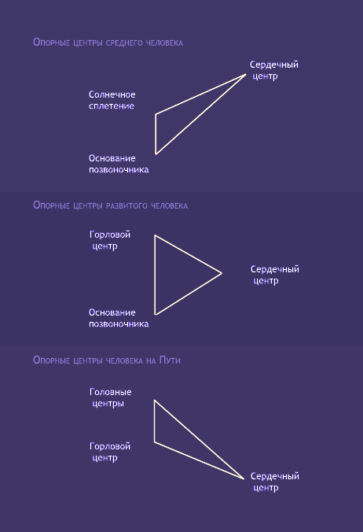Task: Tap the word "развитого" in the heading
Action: (x=127, y=205)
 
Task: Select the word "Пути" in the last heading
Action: (x=170, y=360)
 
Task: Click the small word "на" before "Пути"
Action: (x=151, y=360)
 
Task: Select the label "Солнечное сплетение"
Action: (x=112, y=100)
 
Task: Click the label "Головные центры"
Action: (x=110, y=397)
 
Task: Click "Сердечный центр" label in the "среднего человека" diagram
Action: (x=274, y=70)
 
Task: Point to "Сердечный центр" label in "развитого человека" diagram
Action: (x=275, y=275)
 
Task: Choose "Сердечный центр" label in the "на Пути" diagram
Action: (x=275, y=482)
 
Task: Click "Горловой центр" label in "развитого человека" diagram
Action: (x=110, y=240)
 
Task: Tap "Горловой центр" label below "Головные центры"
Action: (x=110, y=452)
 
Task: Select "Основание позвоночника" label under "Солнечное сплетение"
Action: (x=119, y=164)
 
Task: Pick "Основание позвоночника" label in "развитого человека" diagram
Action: (x=119, y=318)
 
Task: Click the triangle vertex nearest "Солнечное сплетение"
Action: (x=156, y=114)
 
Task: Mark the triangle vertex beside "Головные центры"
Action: (x=155, y=401)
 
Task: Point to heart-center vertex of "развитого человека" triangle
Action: (x=222, y=273)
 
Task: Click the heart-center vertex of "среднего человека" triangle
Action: (x=246, y=74)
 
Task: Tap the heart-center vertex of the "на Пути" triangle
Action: (x=244, y=478)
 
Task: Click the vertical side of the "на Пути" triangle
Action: (x=155, y=421)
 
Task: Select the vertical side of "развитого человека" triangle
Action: (x=155, y=275)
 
